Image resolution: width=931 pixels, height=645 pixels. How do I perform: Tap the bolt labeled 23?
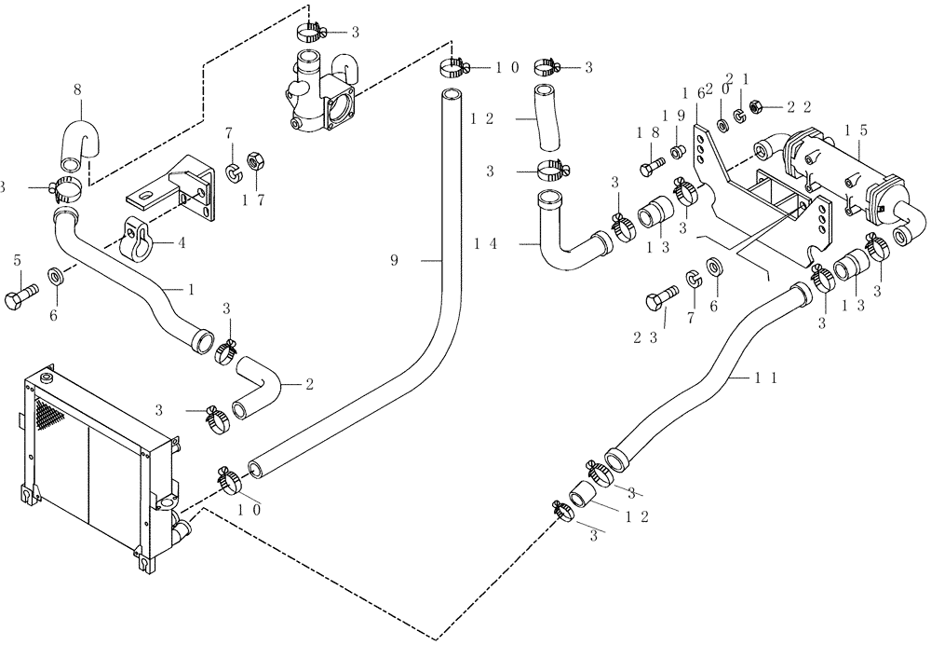[x=656, y=301]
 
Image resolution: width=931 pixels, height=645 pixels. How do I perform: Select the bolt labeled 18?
[x=650, y=169]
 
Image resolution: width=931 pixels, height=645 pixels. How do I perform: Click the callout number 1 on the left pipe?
[x=191, y=290]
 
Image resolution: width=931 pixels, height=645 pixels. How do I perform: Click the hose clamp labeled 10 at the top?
[x=452, y=67]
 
